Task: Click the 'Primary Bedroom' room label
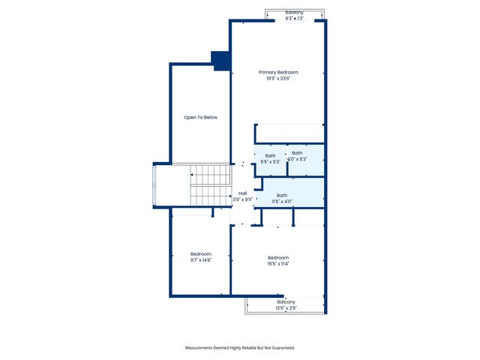278,72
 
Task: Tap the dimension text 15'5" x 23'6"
278,79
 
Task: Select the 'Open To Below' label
201,118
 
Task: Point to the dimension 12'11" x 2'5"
286,308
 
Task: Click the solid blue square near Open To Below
221,61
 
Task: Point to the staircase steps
210,186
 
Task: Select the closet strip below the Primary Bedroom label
289,133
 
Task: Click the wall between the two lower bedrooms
230,259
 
